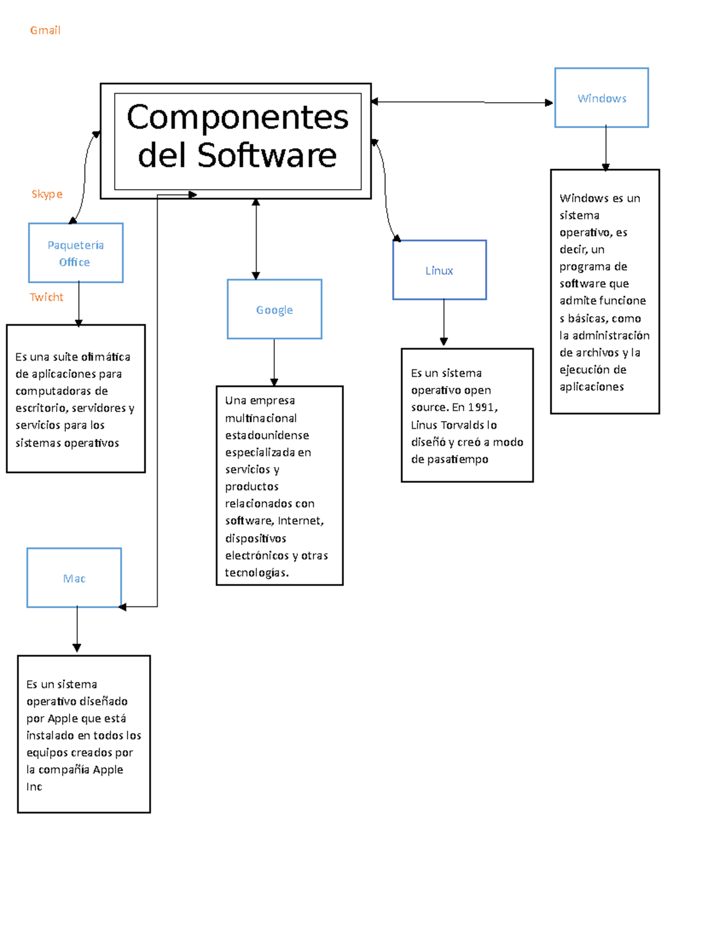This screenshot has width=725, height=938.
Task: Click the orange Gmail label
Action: click(x=45, y=30)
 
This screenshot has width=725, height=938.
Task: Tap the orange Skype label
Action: click(x=47, y=194)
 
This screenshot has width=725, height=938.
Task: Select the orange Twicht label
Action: click(x=47, y=297)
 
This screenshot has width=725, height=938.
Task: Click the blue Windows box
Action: click(x=602, y=98)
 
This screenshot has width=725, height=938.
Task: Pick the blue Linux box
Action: click(x=439, y=270)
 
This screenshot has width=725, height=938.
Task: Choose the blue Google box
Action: click(x=274, y=309)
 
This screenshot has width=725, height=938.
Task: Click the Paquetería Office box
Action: click(x=76, y=253)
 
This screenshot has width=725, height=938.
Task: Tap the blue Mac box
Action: click(x=74, y=578)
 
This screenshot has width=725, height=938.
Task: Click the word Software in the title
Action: click(x=267, y=155)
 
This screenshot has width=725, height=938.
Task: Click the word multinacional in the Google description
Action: click(x=261, y=418)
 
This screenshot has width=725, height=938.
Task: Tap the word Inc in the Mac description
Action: click(x=34, y=786)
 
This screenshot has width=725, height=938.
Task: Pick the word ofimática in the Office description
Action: click(x=106, y=357)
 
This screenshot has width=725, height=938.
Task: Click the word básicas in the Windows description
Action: click(x=587, y=318)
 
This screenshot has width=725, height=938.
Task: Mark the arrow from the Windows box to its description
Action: click(x=605, y=148)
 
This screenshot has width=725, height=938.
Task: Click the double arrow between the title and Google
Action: click(x=256, y=239)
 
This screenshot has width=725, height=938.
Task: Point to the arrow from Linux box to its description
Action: click(x=443, y=323)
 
